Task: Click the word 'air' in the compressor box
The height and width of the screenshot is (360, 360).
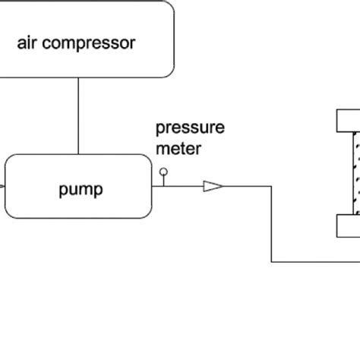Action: (27, 43)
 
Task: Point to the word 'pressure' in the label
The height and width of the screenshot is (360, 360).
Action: (190, 128)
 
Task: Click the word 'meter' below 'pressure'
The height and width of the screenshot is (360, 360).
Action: (178, 148)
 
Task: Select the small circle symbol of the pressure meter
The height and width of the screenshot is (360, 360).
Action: (163, 172)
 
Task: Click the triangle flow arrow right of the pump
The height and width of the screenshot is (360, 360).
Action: (213, 185)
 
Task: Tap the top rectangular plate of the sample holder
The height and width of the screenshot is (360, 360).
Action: (348, 120)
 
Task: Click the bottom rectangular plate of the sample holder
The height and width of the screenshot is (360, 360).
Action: (348, 226)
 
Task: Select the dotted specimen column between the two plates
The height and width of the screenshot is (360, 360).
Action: (355, 172)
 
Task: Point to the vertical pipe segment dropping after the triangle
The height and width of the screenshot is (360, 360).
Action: (272, 224)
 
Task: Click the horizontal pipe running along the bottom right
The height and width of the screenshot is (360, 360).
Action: (315, 262)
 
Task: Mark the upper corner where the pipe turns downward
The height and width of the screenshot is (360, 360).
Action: (272, 185)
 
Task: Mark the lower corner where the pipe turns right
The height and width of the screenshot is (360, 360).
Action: (272, 262)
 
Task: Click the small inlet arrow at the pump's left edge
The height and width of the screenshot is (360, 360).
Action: (3, 185)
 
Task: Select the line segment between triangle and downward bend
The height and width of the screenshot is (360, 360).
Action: (248, 185)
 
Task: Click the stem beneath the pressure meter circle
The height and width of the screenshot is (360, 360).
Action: (163, 180)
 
